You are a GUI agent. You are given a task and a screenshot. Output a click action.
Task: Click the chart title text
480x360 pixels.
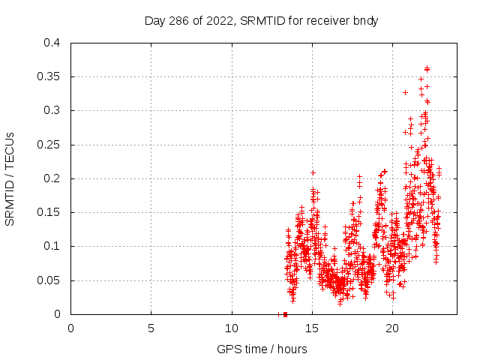pos(261,21)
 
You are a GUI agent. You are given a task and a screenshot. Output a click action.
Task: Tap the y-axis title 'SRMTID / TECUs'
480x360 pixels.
pos(10,178)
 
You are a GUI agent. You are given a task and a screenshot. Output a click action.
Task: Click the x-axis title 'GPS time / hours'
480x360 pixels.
pos(261,349)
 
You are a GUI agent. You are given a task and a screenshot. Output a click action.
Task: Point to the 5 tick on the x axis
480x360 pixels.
pos(151,328)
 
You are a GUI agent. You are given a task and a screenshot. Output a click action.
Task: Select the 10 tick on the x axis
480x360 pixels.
pos(232,328)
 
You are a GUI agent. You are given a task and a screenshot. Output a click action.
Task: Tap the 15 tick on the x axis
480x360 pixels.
pos(312,328)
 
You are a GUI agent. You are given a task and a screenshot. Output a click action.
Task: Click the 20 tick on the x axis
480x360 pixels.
pos(392,328)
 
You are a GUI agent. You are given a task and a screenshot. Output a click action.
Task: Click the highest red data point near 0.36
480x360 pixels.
pos(427,68)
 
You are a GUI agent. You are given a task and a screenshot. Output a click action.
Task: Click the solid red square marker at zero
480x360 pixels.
pos(285,314)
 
